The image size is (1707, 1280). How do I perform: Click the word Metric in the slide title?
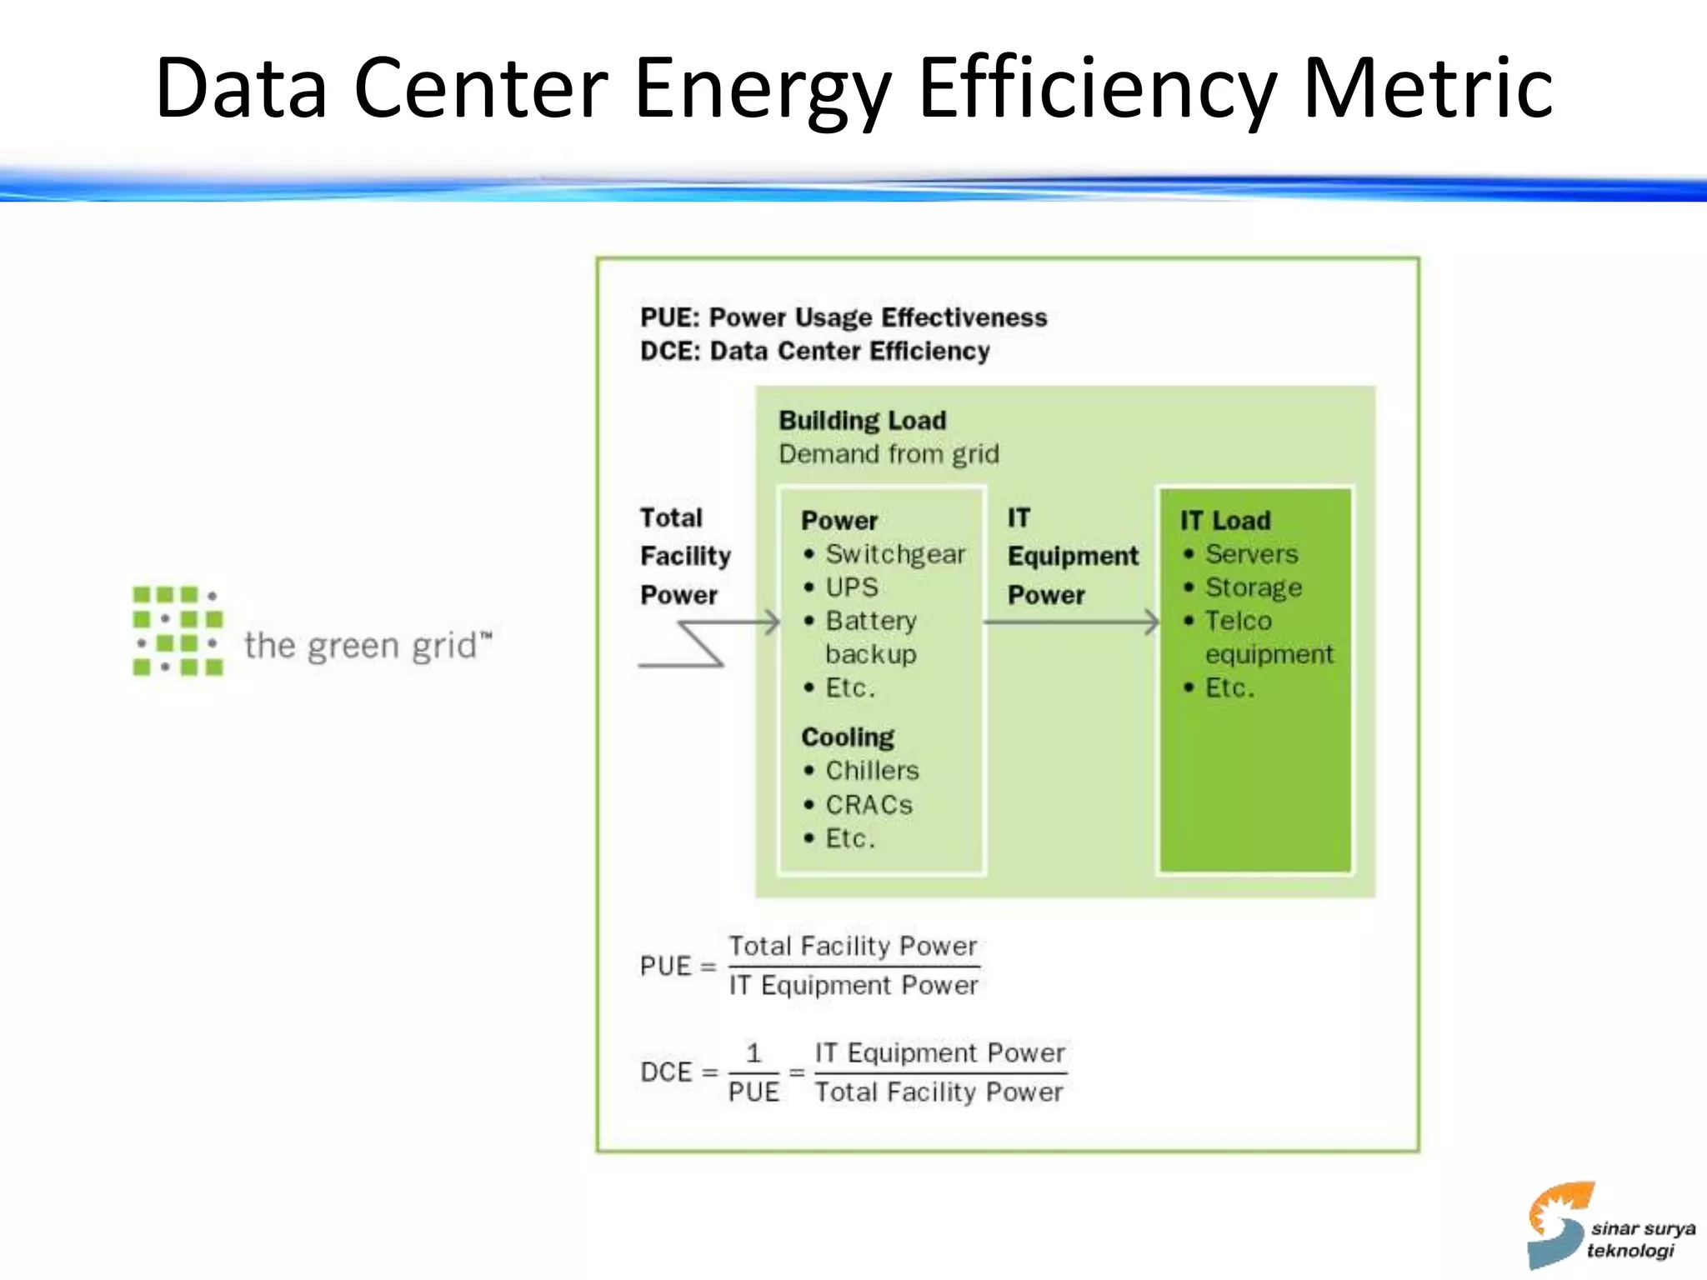coord(1427,87)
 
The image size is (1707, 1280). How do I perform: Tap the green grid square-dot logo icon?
coord(178,631)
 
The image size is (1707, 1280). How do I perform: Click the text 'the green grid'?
coord(367,646)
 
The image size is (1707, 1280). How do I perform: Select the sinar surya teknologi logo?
coord(1609,1227)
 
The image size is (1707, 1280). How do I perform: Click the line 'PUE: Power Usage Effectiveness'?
coord(843,317)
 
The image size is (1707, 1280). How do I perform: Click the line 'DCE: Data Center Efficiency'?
coord(814,352)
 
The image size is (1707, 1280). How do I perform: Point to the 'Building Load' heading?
coord(862,420)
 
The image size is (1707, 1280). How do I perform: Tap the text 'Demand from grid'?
coord(889,454)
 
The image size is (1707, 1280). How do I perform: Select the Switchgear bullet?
coord(894,554)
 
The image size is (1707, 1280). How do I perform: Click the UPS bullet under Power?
coord(851,587)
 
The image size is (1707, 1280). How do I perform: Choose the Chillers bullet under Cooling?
coord(871,771)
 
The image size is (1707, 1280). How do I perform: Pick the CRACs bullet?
coord(869,805)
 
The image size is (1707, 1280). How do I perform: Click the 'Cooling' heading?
coord(847,737)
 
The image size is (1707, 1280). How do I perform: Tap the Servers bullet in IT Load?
coord(1251,554)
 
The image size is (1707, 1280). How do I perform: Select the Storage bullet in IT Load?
coord(1253,587)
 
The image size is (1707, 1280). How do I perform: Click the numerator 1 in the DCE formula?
coord(753,1053)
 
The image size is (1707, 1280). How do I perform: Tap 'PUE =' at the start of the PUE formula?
coord(678,967)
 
